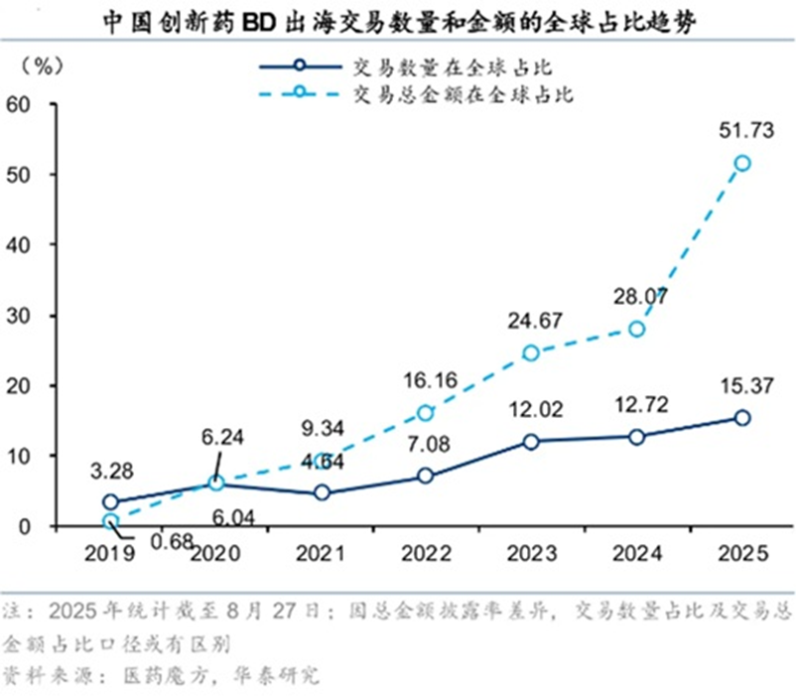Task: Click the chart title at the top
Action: pyautogui.click(x=397, y=22)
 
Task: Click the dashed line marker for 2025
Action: pyautogui.click(x=741, y=163)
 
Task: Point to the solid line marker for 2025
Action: pyautogui.click(x=741, y=418)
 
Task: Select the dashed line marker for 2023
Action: pyautogui.click(x=531, y=352)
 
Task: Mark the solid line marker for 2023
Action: pyautogui.click(x=531, y=442)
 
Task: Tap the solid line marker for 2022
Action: pyautogui.click(x=425, y=476)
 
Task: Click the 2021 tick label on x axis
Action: pyautogui.click(x=320, y=553)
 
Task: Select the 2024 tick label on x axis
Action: pyautogui.click(x=636, y=553)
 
